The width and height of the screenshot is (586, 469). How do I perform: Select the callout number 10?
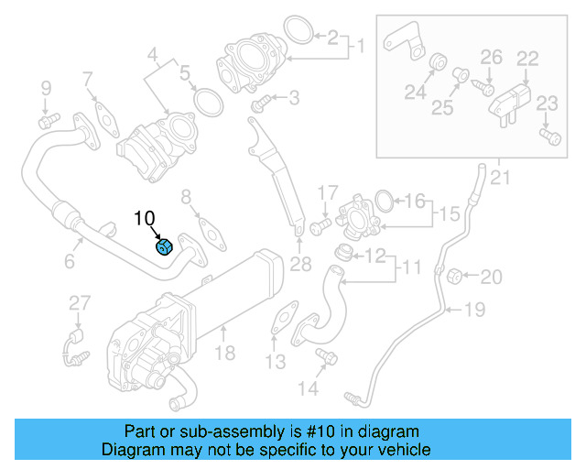[145, 218]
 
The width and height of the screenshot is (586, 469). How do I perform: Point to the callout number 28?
[299, 266]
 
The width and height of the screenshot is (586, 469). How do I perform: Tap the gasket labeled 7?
[107, 115]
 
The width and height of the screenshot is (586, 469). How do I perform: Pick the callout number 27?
[80, 303]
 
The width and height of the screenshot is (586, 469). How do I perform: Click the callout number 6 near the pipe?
[70, 263]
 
